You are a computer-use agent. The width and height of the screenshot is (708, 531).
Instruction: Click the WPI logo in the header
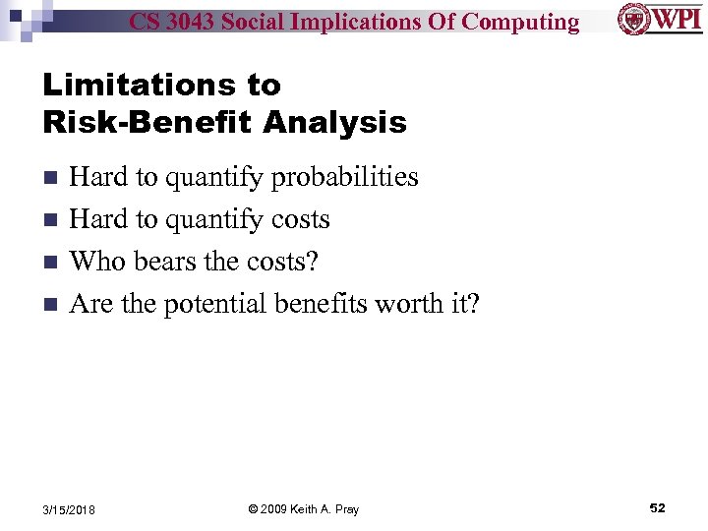658,19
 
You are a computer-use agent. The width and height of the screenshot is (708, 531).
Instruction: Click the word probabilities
344,178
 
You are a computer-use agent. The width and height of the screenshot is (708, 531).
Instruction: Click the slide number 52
657,507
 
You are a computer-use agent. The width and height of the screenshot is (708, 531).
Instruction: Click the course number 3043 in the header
195,21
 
